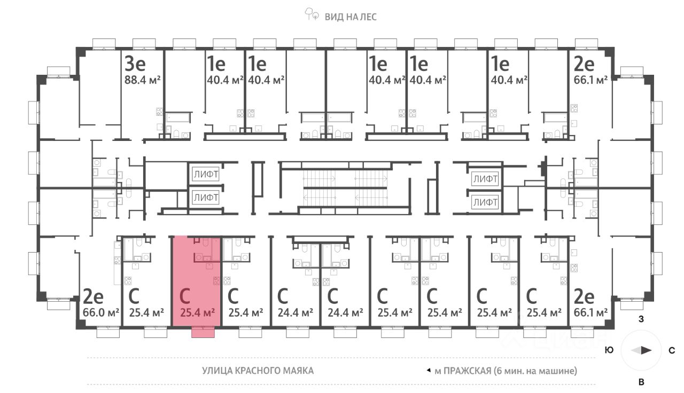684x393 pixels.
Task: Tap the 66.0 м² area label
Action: coord(102,312)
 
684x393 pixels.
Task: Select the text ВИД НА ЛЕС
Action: coord(351,17)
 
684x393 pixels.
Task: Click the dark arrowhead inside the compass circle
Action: coord(646,351)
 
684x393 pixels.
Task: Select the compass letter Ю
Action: coord(608,351)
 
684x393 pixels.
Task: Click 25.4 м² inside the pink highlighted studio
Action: coord(198,312)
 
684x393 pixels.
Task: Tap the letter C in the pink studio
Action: coord(185,296)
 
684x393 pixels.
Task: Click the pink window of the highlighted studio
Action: coord(203,333)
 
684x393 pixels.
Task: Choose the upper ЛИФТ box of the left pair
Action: coord(206,174)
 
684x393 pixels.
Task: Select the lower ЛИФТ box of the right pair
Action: coord(485,202)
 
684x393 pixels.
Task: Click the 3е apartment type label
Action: coord(135,64)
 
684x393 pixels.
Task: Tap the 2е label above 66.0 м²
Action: coord(94,296)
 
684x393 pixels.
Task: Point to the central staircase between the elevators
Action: coord(345,188)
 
